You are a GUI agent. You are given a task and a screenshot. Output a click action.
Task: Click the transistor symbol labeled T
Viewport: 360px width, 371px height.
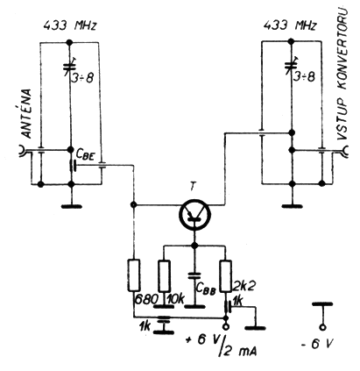tap(194, 214)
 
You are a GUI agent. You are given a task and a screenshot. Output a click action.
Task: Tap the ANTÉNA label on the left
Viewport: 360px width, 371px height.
tap(27, 113)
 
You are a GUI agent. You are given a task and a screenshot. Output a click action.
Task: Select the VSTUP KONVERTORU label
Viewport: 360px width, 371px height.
tap(343, 74)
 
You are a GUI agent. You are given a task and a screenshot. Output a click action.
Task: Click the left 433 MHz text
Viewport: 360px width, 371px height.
tap(70, 26)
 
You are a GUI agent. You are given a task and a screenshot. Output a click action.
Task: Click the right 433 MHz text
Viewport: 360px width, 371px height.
tap(290, 25)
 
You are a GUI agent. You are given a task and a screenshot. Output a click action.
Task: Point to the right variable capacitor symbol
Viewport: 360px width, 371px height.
tap(290, 67)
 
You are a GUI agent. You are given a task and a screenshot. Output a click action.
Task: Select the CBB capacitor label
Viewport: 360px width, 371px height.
tap(206, 289)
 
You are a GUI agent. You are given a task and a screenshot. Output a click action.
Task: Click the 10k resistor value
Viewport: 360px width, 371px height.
tap(176, 299)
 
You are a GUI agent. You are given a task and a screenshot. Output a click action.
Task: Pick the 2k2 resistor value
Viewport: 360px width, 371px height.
tap(244, 286)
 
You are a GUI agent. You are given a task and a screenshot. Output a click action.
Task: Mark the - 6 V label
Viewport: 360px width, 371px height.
tap(317, 344)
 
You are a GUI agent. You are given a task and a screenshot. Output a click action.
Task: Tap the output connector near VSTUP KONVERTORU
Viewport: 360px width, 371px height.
tap(344, 151)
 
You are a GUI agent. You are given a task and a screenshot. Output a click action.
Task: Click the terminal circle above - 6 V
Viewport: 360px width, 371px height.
tap(322, 327)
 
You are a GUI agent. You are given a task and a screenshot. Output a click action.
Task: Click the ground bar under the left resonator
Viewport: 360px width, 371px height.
tap(71, 206)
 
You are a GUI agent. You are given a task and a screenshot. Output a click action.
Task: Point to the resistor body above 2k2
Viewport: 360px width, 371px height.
tap(226, 276)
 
